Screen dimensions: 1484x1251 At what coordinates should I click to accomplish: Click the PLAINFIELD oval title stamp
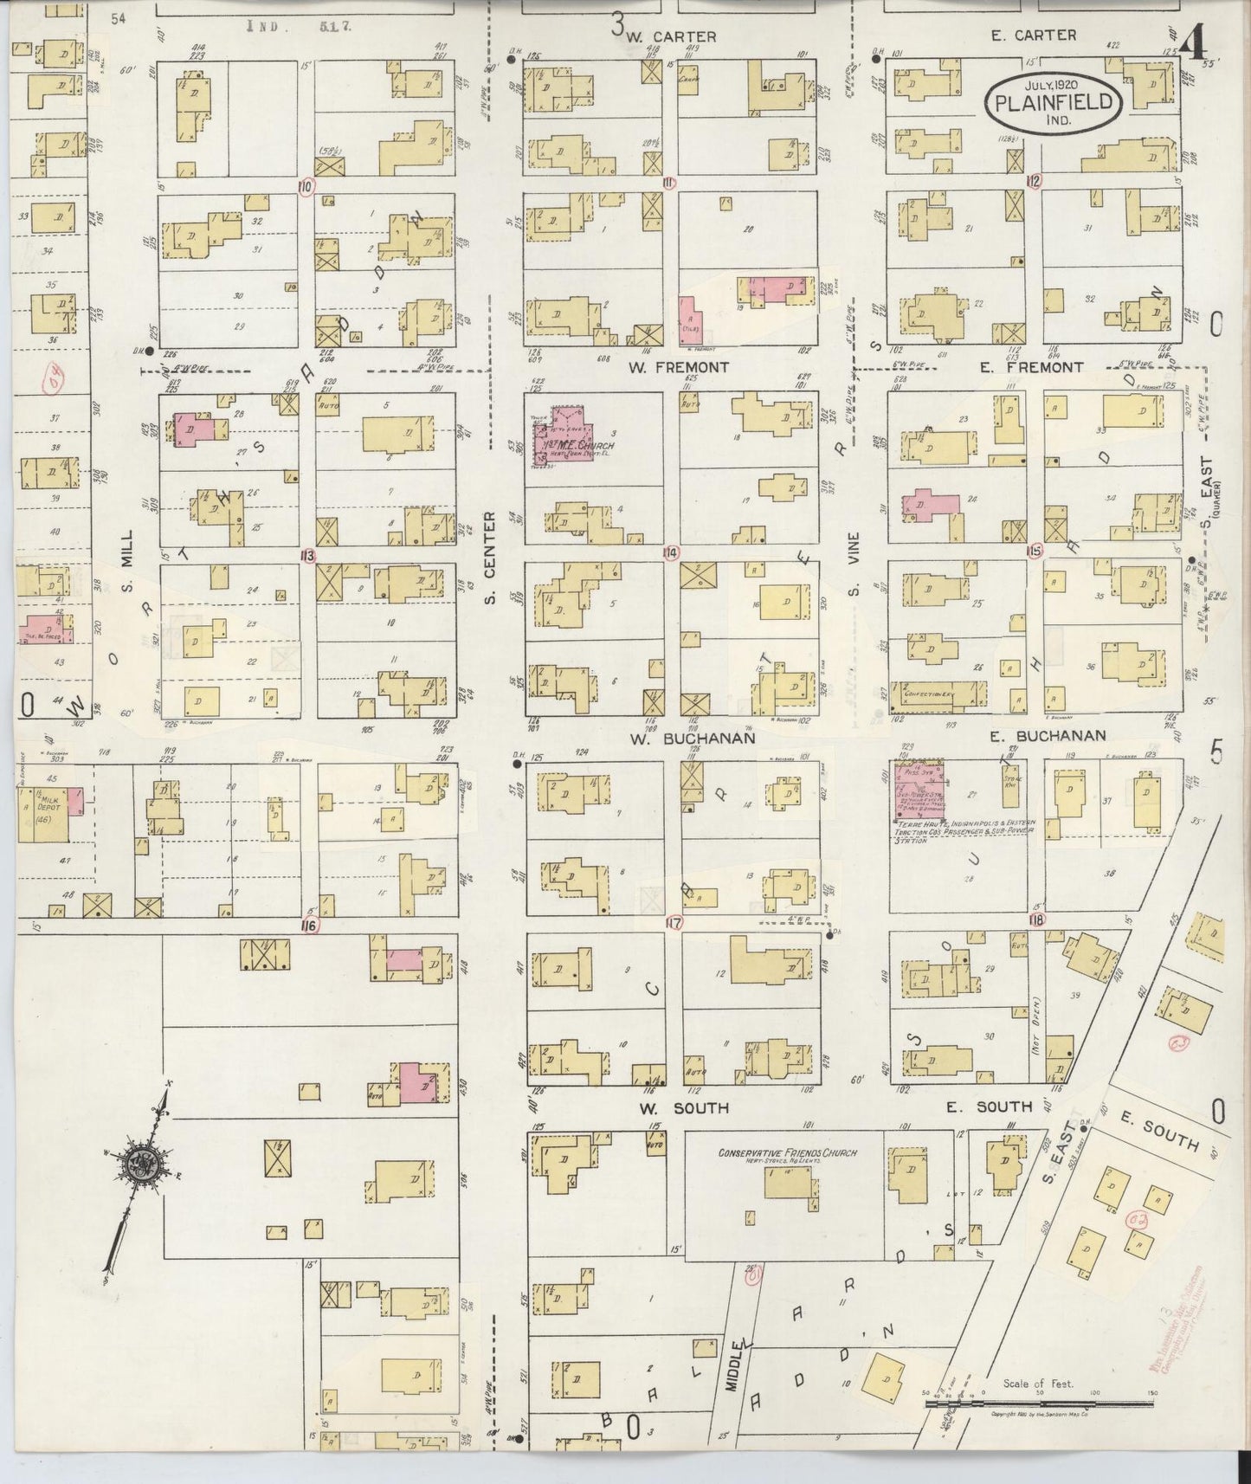pos(1054,101)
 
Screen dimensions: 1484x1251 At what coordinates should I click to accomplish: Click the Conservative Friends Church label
pos(786,1153)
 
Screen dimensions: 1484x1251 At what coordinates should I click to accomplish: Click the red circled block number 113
pos(306,555)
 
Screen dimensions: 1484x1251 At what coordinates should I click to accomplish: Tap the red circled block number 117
pos(674,923)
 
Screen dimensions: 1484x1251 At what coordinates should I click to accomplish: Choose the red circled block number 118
pos(1036,919)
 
